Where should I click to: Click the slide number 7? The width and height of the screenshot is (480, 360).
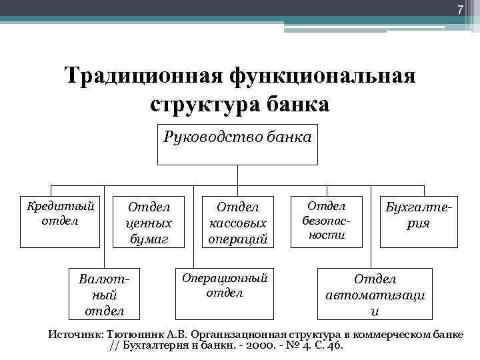pyautogui.click(x=459, y=9)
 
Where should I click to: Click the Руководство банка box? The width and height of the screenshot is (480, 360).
pyautogui.click(x=238, y=143)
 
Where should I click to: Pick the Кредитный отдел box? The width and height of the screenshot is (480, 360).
pyautogui.click(x=60, y=220)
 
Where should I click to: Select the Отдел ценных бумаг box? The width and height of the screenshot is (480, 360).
pyautogui.click(x=149, y=222)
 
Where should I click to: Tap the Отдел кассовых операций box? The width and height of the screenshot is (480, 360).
pyautogui.click(x=238, y=222)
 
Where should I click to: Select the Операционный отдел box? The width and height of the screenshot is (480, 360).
pyautogui.click(x=224, y=293)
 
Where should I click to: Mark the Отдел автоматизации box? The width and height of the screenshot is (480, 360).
pyautogui.click(x=375, y=294)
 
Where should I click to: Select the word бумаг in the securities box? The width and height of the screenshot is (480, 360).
pyautogui.click(x=149, y=238)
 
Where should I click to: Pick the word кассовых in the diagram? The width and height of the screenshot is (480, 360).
pyautogui.click(x=238, y=223)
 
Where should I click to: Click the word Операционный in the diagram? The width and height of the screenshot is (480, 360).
pyautogui.click(x=224, y=277)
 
